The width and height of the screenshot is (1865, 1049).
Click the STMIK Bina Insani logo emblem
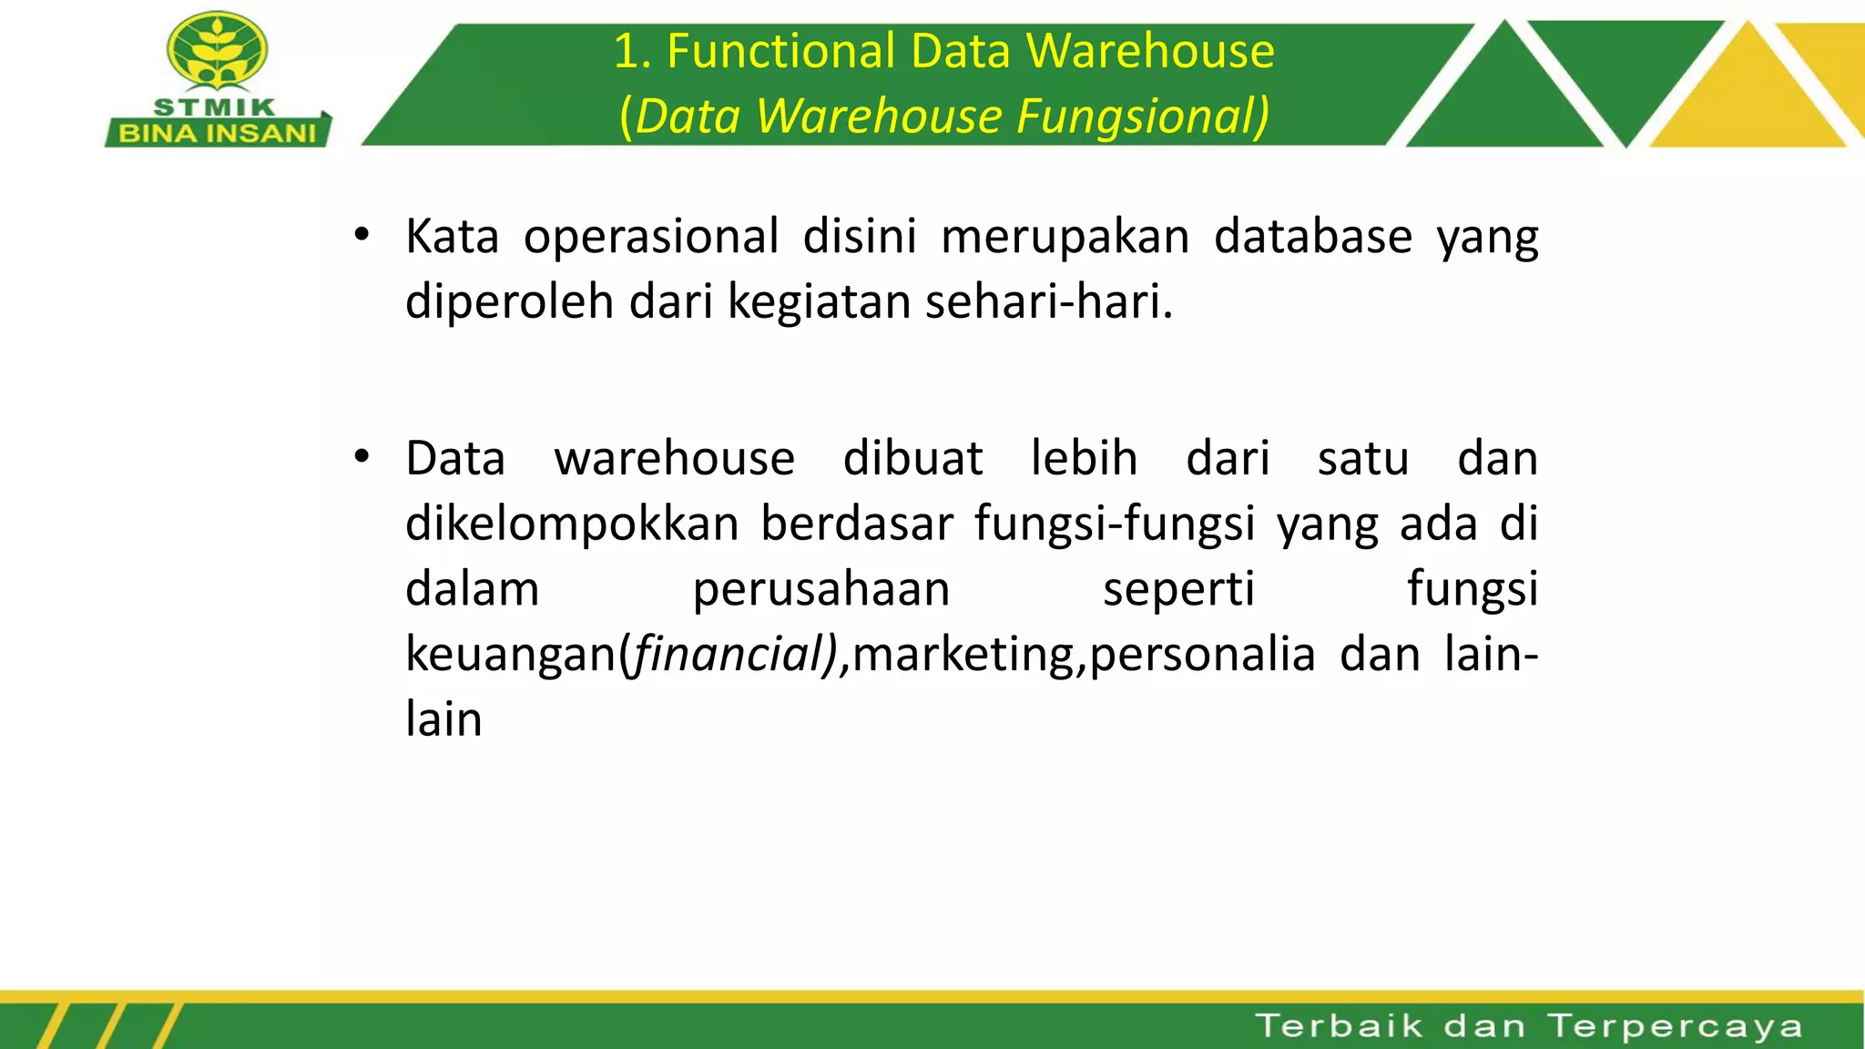pyautogui.click(x=217, y=53)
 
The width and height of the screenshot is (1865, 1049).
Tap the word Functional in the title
pyautogui.click(x=780, y=51)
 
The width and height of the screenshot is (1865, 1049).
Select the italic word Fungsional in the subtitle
pyautogui.click(x=1142, y=117)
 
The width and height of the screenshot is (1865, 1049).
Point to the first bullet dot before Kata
pyautogui.click(x=362, y=235)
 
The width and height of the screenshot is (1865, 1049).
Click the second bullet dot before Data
pyautogui.click(x=362, y=456)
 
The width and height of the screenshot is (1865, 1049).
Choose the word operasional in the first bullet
pyautogui.click(x=650, y=237)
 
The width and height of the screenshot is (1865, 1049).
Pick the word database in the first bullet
pyautogui.click(x=1313, y=237)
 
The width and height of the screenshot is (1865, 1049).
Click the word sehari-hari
pyautogui.click(x=1048, y=301)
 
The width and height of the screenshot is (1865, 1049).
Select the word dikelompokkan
pyautogui.click(x=572, y=524)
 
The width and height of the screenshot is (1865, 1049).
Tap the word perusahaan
pyautogui.click(x=821, y=589)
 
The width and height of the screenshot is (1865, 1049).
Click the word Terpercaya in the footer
pyautogui.click(x=1676, y=1026)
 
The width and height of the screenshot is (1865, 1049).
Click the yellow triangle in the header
pyautogui.click(x=1747, y=91)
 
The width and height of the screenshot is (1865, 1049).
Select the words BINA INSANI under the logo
pyautogui.click(x=217, y=134)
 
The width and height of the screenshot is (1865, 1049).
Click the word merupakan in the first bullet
pyautogui.click(x=1065, y=237)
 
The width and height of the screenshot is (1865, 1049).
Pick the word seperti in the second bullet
pyautogui.click(x=1178, y=589)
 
